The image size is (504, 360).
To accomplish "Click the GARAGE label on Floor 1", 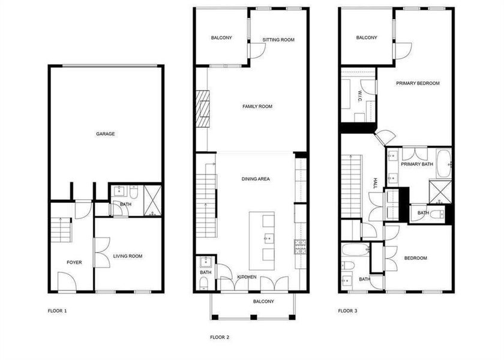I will tap(105, 134).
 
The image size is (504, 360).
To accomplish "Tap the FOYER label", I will tap(74, 262).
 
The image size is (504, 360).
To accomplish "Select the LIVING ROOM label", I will tap(128, 256).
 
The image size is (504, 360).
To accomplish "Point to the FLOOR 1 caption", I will tap(57, 311).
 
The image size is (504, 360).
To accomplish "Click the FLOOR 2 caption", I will tap(220, 337).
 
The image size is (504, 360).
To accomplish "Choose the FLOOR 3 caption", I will tap(347, 311).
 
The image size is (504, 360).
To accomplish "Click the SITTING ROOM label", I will tap(278, 40).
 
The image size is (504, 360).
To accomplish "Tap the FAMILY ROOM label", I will tap(257, 107).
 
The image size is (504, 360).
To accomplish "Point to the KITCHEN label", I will tap(247, 277).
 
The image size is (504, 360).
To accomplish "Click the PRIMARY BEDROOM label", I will tap(418, 83).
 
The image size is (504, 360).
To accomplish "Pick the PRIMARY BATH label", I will tap(417, 164).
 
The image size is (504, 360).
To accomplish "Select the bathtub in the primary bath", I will tap(443, 164).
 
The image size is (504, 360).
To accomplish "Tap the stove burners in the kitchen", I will tap(300, 245).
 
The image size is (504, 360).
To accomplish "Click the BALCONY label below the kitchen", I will tap(264, 301).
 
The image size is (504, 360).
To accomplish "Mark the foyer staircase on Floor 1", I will tap(61, 229).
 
